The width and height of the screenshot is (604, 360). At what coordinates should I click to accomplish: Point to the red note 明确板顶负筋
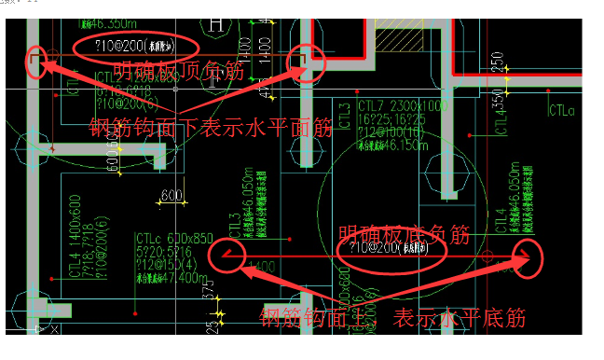coord(181,72)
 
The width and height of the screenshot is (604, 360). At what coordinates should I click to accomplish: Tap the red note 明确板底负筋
coord(405,231)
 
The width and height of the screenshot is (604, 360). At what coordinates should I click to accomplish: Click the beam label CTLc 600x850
coord(173,239)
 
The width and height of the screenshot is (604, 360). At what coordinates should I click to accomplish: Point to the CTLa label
coord(562,111)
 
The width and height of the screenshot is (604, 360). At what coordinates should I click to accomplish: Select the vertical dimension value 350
coord(497,101)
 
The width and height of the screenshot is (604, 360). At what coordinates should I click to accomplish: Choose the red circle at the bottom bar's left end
coord(226,256)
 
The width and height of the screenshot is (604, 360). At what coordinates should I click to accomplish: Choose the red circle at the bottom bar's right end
coord(527,254)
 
